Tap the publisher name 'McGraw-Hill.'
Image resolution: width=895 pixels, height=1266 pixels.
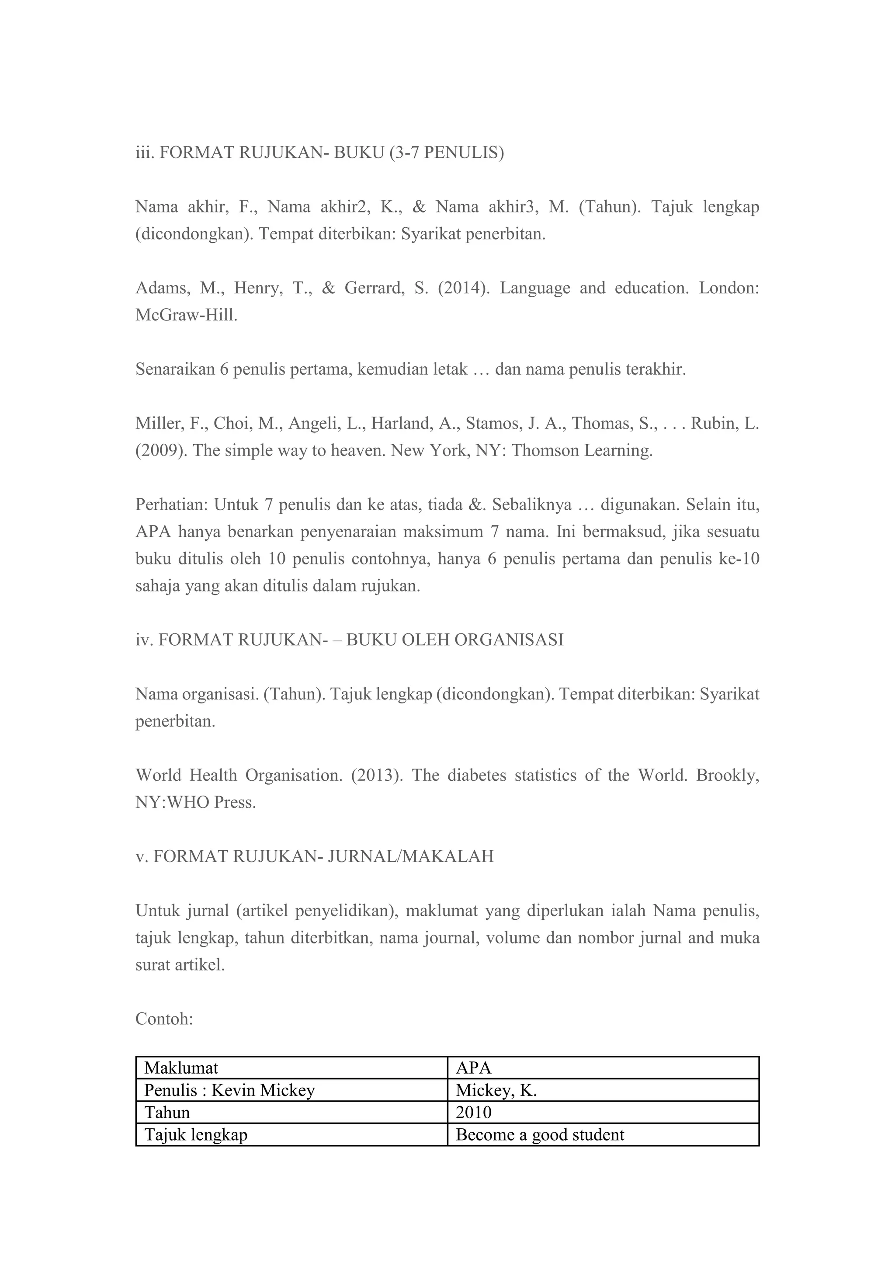(186, 315)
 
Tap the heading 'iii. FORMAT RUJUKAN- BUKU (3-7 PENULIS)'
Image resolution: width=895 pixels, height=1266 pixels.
(319, 153)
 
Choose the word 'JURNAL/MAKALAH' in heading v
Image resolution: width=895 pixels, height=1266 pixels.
(411, 856)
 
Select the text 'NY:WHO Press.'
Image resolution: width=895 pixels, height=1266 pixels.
(196, 802)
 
